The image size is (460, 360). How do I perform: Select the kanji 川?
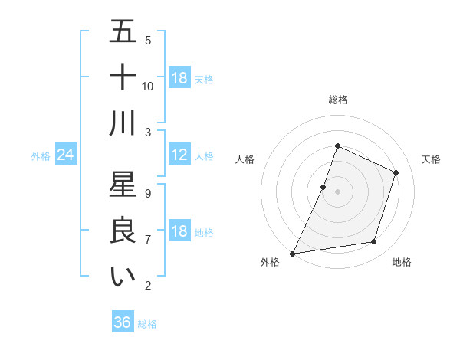(123, 123)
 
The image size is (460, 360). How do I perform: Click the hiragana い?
(123, 276)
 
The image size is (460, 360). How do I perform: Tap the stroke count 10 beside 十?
(148, 87)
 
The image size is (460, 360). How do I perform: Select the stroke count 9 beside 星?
(148, 194)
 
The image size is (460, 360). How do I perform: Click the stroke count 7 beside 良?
(148, 240)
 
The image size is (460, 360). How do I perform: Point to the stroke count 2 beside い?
(148, 286)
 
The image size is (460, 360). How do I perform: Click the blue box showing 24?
(66, 155)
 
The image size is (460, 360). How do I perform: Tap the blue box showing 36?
(123, 322)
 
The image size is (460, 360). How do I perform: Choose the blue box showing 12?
(179, 155)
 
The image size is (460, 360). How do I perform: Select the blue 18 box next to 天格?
(179, 78)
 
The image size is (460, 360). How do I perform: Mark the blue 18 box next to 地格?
(179, 232)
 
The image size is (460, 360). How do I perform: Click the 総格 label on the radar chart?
(338, 100)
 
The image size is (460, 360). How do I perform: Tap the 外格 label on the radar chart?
(270, 263)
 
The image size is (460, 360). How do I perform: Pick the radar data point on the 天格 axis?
(396, 172)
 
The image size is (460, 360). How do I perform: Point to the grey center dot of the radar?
(337, 191)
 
